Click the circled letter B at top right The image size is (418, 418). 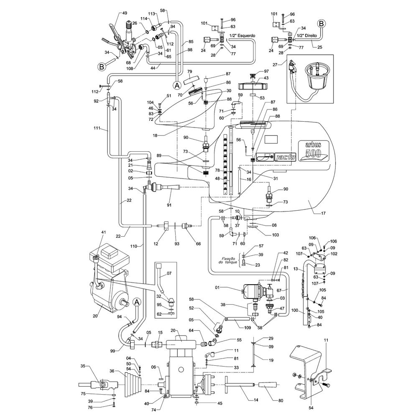point(321,23)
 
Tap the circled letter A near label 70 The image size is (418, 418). point(177,85)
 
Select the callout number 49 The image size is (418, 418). point(125,13)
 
